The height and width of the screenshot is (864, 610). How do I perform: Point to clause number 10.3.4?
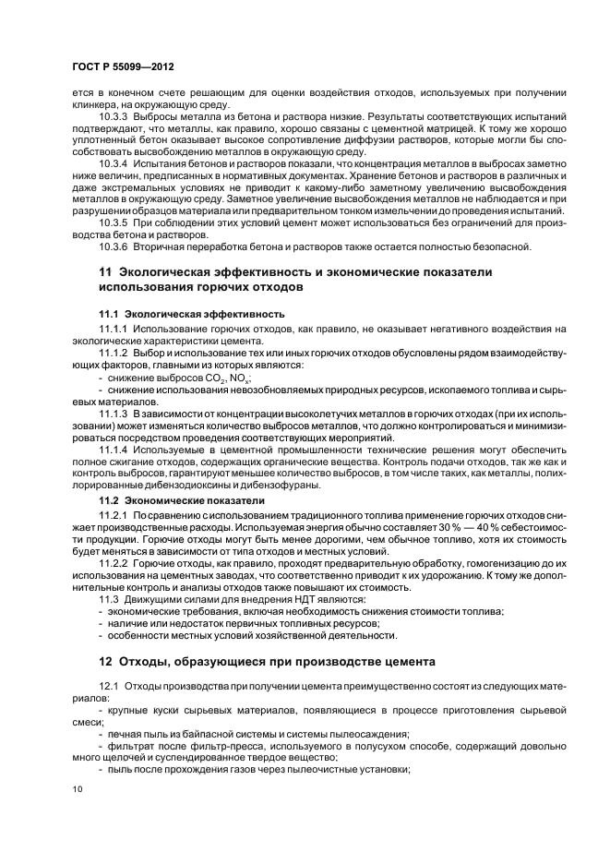pyautogui.click(x=114, y=162)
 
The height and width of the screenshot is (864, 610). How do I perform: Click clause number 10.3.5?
pyautogui.click(x=114, y=224)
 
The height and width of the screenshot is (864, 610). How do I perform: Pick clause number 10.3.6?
pyautogui.click(x=114, y=246)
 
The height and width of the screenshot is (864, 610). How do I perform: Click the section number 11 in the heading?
pyautogui.click(x=104, y=272)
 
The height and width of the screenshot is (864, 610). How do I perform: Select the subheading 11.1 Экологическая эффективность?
pyautogui.click(x=191, y=314)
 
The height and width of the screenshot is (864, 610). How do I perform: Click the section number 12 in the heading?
pyautogui.click(x=104, y=661)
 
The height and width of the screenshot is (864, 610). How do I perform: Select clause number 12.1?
pyautogui.click(x=108, y=688)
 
